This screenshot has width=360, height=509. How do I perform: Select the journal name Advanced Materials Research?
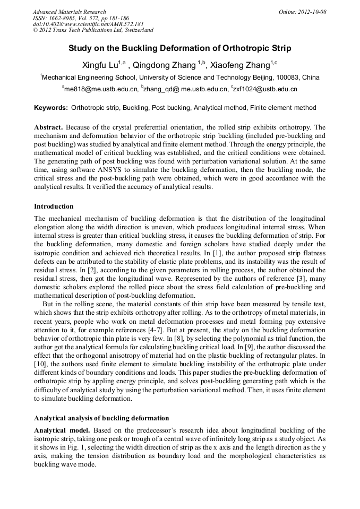point(69,12)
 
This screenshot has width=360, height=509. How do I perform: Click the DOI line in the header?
point(88,24)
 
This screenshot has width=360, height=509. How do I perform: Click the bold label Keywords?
point(51,108)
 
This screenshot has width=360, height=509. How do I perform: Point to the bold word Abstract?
point(49,127)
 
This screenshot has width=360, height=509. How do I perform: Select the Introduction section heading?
point(54,206)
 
